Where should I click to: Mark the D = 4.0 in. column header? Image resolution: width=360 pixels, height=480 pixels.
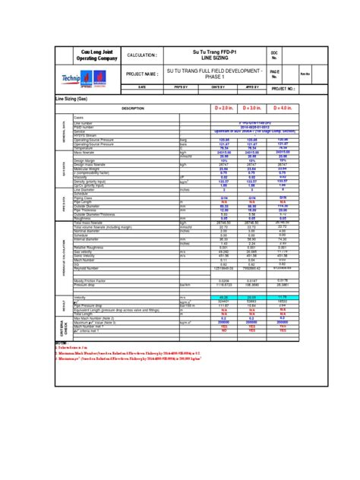coord(282,109)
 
